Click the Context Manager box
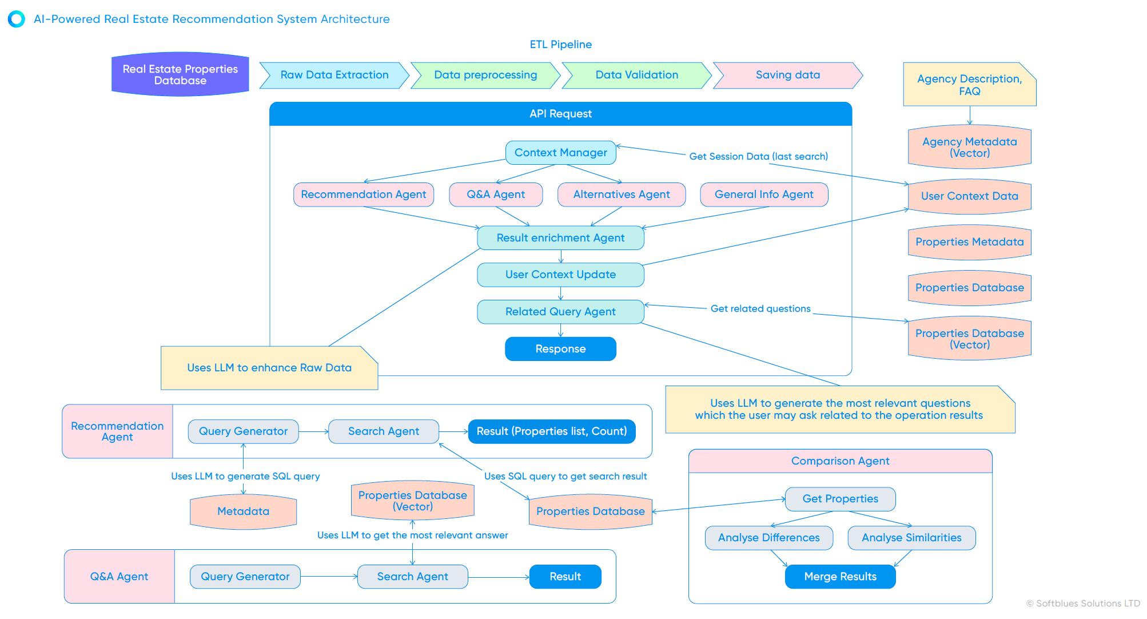pyautogui.click(x=560, y=153)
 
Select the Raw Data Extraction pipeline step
pyautogui.click(x=334, y=75)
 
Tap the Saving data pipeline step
pyautogui.click(x=787, y=75)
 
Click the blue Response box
pyautogui.click(x=560, y=349)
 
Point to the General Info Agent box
pyautogui.click(x=763, y=195)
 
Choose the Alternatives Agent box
pyautogui.click(x=621, y=195)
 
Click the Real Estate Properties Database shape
pyautogui.click(x=180, y=75)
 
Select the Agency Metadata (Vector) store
pyautogui.click(x=969, y=148)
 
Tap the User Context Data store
pyautogui.click(x=969, y=196)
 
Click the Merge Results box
pyautogui.click(x=840, y=577)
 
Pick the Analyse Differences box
pyautogui.click(x=768, y=538)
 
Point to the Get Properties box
pyautogui.click(x=840, y=499)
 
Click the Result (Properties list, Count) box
pyautogui.click(x=551, y=431)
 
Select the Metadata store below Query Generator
pyautogui.click(x=243, y=511)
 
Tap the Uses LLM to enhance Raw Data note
pyautogui.click(x=269, y=368)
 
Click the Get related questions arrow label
pyautogui.click(x=760, y=309)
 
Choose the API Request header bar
pyautogui.click(x=560, y=114)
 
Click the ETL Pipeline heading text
pyautogui.click(x=560, y=45)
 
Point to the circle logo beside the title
pyautogui.click(x=17, y=19)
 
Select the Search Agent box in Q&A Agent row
pyautogui.click(x=412, y=577)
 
